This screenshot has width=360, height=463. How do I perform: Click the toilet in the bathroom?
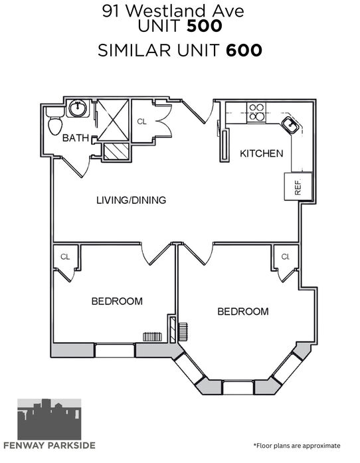pos(55,121)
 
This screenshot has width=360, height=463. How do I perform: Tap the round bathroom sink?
pos(78,108)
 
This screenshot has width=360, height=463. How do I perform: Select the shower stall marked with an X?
pos(113,120)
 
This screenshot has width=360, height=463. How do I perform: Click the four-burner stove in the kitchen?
pos(256,112)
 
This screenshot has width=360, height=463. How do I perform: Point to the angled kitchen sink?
pos(291,125)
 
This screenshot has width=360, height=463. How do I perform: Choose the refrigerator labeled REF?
pos(298,187)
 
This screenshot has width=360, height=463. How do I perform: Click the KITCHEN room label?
pos(261,153)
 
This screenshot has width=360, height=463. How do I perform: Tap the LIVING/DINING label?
pos(131,200)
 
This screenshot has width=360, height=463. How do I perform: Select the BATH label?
pos(76,138)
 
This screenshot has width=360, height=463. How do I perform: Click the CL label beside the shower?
pos(141,122)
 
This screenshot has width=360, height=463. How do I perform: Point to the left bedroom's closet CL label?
pos(65,257)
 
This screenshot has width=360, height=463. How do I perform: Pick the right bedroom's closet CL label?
pos(286,256)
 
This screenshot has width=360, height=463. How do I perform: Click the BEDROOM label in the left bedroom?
pos(117,301)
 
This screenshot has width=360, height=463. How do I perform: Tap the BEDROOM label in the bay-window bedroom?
pos(243,312)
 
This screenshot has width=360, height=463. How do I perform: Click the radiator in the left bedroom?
pos(152,337)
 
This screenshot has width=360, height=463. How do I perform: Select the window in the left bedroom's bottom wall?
pos(115,351)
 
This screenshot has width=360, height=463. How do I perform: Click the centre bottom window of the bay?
pos(238,387)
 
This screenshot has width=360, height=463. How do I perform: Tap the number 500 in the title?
pos(205,26)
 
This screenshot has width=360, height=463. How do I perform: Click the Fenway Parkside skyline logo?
pos(49,419)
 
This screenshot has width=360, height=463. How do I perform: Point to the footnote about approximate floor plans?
pos(297,446)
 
